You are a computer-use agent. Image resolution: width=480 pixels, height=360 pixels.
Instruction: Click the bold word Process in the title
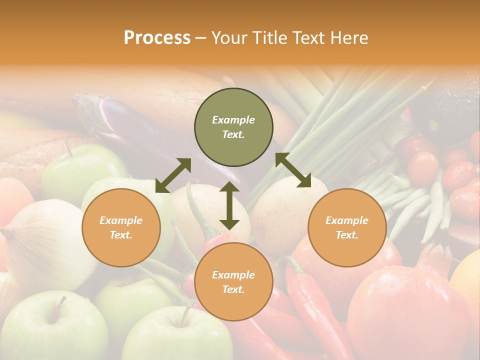pos(157,38)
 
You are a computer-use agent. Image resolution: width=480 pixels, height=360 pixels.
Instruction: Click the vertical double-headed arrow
pos(229,206)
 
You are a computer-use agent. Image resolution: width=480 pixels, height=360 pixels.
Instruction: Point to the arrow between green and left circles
pos(173,175)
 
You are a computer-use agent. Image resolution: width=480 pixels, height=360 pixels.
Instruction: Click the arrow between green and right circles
pos(293,170)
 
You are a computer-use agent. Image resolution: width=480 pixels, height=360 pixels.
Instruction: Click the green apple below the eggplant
pos(80,170)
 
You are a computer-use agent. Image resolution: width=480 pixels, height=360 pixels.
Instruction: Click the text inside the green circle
pos(233,127)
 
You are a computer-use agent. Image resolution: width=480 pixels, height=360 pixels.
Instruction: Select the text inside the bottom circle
pos(233,282)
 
